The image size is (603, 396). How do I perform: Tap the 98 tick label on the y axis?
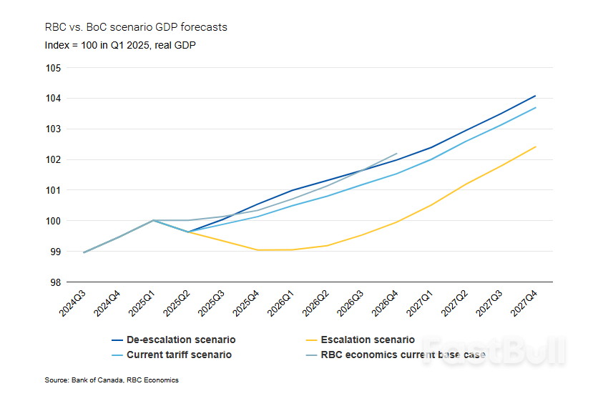pyautogui.click(x=56, y=282)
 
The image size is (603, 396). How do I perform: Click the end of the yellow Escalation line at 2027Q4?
pyautogui.click(x=536, y=147)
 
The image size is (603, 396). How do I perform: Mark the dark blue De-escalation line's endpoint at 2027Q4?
pyautogui.click(x=536, y=96)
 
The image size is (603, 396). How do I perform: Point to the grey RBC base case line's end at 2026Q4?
pyautogui.click(x=396, y=153)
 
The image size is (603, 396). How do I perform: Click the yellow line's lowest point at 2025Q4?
pyautogui.click(x=258, y=250)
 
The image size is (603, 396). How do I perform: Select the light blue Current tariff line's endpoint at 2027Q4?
pyautogui.click(x=536, y=108)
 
